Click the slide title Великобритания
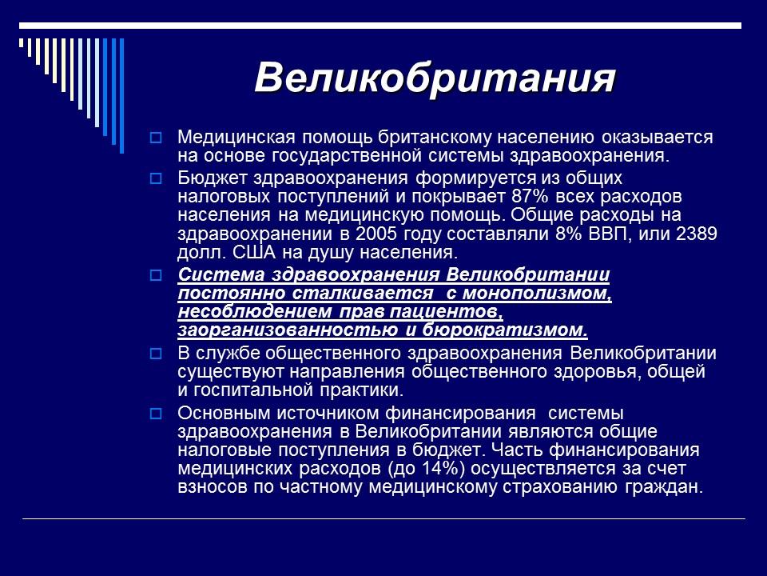coord(435,78)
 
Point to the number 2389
coord(696,234)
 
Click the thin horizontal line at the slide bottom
coord(383,519)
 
